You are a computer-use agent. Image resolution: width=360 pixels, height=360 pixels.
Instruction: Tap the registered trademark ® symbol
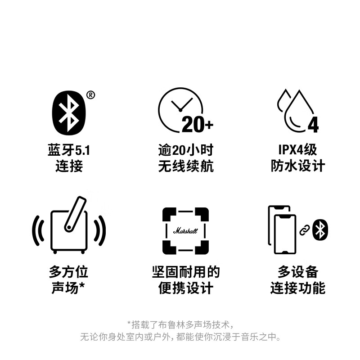tap(90, 94)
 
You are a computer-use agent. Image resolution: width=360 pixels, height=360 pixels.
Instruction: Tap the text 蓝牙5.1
tap(69, 150)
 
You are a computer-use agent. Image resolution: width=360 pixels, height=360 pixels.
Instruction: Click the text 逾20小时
tap(185, 150)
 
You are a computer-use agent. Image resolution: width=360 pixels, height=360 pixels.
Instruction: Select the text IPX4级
tap(297, 150)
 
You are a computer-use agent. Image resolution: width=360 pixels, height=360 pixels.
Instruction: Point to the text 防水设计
tap(297, 166)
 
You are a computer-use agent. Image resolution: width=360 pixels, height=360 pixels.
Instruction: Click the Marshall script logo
tap(185, 231)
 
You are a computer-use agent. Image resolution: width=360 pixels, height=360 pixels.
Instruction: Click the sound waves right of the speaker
tap(100, 230)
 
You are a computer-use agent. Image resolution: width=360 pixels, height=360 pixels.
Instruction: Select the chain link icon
tap(304, 230)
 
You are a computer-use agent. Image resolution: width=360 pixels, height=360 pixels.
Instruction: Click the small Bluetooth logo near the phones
tap(320, 230)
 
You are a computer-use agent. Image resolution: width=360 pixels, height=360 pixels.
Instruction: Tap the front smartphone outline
tap(285, 234)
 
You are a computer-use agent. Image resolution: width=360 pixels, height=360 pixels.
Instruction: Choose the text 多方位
tap(68, 272)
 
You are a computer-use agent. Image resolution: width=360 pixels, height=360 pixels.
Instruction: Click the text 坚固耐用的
tap(185, 272)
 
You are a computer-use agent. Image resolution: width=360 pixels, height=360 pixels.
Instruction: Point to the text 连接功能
tap(297, 288)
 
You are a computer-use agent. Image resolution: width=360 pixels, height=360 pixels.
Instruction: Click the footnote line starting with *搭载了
tap(180, 324)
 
